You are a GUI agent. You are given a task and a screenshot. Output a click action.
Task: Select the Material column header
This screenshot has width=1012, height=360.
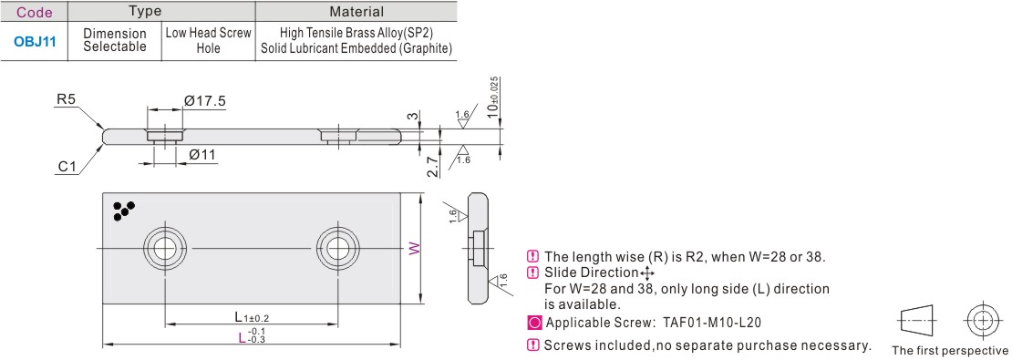tap(356, 11)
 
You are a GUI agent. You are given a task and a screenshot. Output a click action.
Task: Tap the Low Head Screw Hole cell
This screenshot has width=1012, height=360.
tap(209, 41)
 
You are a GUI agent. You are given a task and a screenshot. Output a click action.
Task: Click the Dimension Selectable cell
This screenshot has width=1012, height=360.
tap(115, 41)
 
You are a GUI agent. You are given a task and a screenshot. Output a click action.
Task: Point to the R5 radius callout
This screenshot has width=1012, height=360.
tap(67, 99)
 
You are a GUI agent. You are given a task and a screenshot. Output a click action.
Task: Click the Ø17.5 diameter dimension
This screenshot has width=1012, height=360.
tap(204, 100)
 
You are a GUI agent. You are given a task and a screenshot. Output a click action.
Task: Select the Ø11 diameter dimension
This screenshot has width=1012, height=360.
tap(202, 156)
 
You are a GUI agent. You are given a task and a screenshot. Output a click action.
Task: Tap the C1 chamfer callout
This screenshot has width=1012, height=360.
tap(67, 168)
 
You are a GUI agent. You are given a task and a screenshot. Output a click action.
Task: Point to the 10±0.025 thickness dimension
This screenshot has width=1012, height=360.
tap(494, 97)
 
